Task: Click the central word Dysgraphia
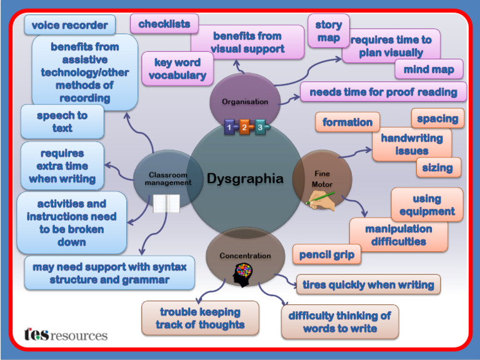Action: [245, 179]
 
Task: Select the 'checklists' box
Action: [164, 24]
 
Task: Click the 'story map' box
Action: [328, 31]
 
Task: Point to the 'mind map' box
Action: [429, 69]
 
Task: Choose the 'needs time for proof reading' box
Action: [383, 92]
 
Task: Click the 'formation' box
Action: [347, 122]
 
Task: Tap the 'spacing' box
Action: [437, 118]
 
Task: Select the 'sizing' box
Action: [438, 167]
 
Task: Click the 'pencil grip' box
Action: [327, 254]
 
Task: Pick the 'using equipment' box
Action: [427, 205]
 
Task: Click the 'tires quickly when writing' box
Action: [368, 284]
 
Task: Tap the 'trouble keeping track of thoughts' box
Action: [200, 318]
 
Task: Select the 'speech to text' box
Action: [62, 122]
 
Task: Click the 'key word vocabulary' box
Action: [177, 69]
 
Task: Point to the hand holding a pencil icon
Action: [321, 200]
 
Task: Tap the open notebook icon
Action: [166, 203]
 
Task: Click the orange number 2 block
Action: [245, 127]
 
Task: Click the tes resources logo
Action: [66, 335]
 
